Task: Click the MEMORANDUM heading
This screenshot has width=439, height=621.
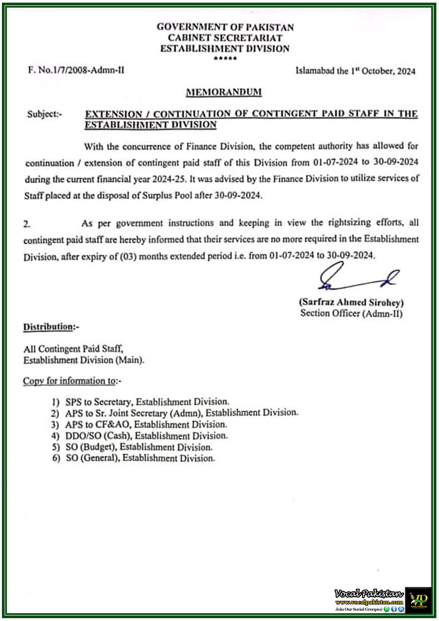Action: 224,92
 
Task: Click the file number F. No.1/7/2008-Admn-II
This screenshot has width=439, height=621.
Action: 76,70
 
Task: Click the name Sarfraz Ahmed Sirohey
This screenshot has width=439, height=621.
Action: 351,302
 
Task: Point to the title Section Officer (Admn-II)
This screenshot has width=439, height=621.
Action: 351,313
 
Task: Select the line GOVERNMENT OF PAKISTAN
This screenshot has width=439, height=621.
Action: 225,27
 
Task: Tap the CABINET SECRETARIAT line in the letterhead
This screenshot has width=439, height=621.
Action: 225,38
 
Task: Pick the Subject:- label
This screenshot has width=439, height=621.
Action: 45,114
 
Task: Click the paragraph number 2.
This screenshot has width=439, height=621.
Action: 27,224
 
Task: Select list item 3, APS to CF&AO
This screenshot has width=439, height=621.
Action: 146,425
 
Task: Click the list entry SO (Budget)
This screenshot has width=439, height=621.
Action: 139,447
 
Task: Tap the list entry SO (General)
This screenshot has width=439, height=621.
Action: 140,458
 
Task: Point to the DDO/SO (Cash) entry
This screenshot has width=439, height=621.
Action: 146,436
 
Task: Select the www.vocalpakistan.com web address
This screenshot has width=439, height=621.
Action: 369,602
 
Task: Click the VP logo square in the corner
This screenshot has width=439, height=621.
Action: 418,600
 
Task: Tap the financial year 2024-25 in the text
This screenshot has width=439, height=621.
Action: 167,179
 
